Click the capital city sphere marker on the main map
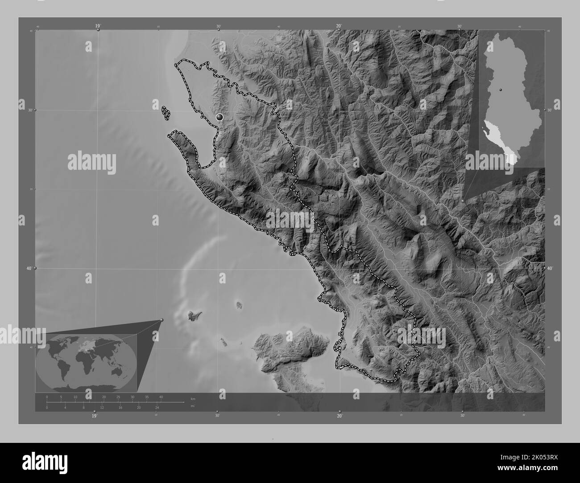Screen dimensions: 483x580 coord(219,117)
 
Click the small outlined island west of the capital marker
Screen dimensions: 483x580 coord(166,113)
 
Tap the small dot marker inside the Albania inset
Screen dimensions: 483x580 coord(501,90)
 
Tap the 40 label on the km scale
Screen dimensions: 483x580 coord(161,397)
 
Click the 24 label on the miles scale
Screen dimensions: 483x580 coord(157,407)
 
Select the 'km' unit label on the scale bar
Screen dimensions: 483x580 coord(193,398)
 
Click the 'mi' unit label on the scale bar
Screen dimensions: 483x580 coord(192,406)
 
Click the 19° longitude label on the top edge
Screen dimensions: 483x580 coord(97,26)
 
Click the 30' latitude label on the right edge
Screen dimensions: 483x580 coord(550,110)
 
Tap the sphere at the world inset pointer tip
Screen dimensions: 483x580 coord(162,320)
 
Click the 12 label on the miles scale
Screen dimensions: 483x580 coord(102,407)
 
